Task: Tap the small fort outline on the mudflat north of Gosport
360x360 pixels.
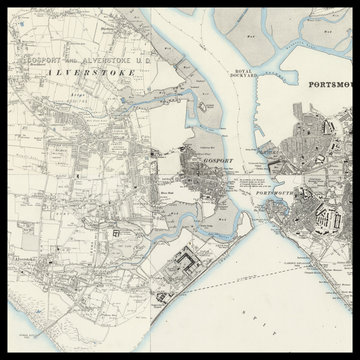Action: pos(205,104)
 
